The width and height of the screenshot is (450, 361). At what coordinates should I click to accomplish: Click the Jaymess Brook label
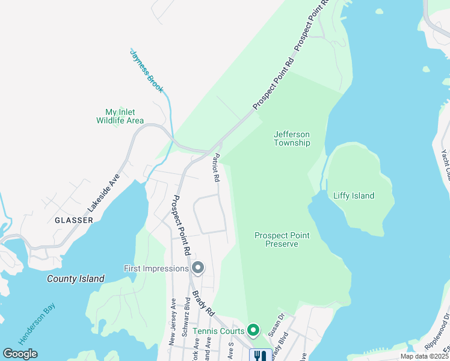[x=147, y=70]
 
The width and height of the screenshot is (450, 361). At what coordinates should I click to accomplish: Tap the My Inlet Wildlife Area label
[x=120, y=116]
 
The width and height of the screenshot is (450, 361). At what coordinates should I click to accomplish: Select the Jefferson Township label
[x=292, y=138]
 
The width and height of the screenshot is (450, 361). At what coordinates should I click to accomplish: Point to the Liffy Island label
[x=354, y=196]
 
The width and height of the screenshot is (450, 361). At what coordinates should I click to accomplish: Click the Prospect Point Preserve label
[x=276, y=239]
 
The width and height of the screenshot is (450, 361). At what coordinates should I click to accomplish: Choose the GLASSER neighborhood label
[x=74, y=220]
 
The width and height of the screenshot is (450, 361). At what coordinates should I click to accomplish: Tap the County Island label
[x=76, y=279]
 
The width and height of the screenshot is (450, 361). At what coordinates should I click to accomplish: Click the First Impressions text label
[x=156, y=268]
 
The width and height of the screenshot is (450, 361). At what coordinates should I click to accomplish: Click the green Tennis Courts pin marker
[x=253, y=330]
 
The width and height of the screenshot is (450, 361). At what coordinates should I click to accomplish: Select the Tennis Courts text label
[x=219, y=331]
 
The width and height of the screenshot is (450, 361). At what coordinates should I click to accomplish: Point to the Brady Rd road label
[x=203, y=303]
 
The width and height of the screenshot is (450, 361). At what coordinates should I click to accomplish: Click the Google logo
[x=20, y=354]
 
